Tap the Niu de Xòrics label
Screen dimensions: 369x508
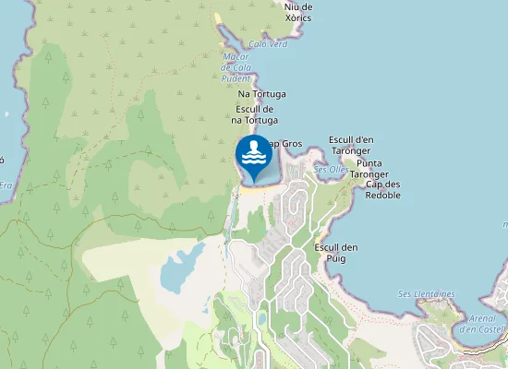click(x=298, y=12)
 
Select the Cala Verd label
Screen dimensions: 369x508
click(x=268, y=43)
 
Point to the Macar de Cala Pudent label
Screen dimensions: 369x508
click(x=237, y=67)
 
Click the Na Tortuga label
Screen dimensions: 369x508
click(x=262, y=94)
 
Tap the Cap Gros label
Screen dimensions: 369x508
click(x=284, y=144)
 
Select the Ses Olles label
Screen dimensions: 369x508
click(x=332, y=170)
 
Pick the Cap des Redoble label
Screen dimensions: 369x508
click(x=382, y=190)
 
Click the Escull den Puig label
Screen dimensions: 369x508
click(x=336, y=254)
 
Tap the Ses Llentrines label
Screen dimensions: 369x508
click(x=427, y=294)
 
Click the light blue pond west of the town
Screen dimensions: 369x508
click(x=182, y=268)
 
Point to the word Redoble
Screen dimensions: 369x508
click(x=382, y=196)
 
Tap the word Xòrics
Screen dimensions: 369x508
click(x=298, y=18)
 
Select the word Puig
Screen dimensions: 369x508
click(x=336, y=259)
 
